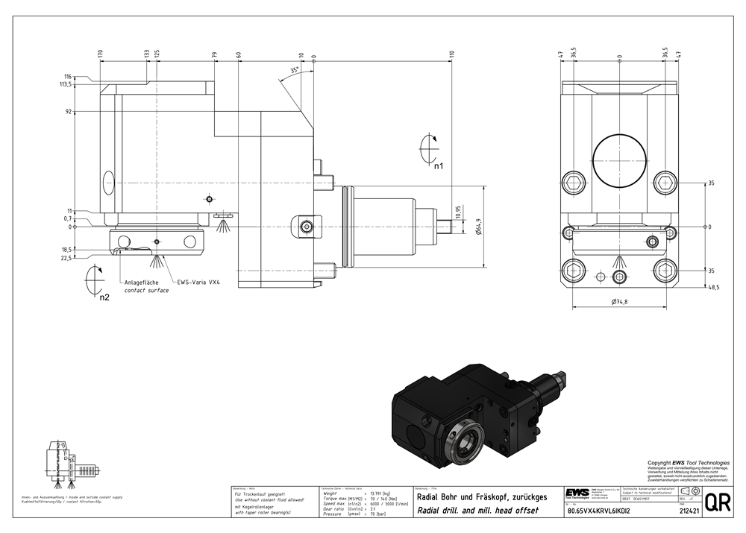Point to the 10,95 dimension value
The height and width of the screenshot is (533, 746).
point(458,212)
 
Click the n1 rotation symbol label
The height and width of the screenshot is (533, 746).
point(439,166)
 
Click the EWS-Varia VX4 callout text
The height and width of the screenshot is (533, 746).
point(200,283)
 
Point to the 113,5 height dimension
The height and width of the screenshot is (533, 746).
point(67,84)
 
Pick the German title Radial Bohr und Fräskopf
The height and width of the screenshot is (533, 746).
point(481,496)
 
